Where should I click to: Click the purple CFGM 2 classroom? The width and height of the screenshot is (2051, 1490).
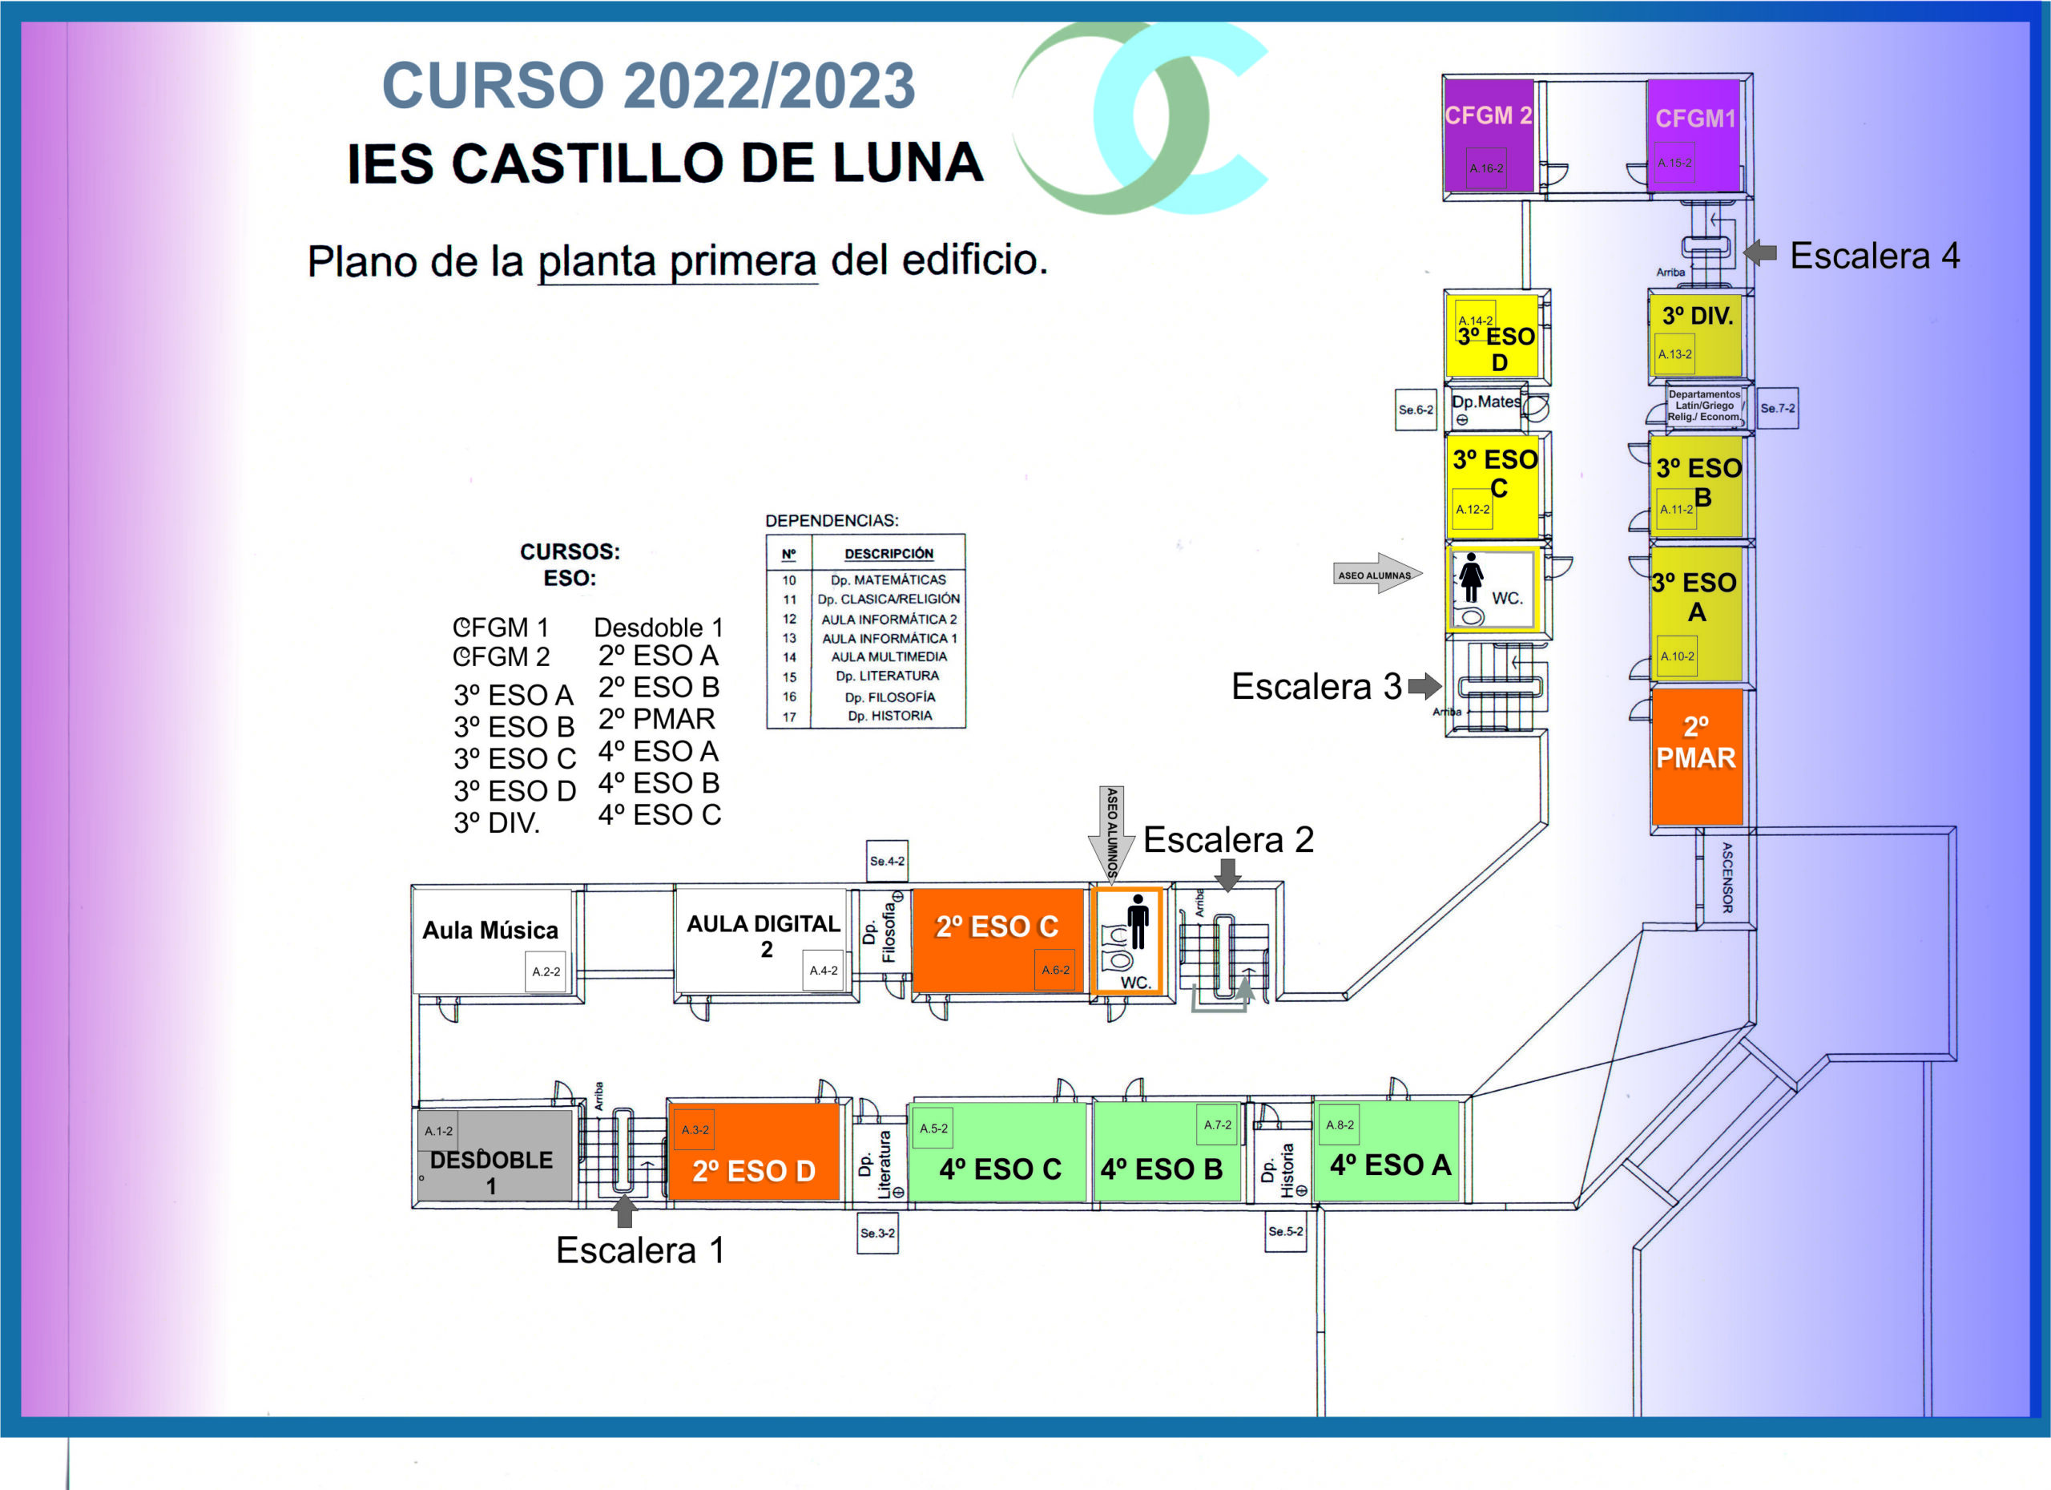coord(1488,135)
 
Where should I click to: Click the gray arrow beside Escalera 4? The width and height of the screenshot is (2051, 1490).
coord(1760,252)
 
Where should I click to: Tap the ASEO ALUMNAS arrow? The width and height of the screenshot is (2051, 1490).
coord(1376,574)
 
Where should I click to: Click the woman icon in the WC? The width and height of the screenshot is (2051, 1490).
coord(1471,577)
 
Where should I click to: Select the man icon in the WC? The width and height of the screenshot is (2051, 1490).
coord(1138,921)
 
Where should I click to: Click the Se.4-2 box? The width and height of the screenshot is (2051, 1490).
coord(886,860)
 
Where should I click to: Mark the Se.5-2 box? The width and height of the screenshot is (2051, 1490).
coord(1285,1231)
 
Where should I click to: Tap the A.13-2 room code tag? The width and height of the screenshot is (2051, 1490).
coord(1674,354)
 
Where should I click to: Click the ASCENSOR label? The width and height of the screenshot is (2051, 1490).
coord(1727,878)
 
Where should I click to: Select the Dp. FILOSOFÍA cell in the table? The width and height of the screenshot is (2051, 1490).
coord(889,697)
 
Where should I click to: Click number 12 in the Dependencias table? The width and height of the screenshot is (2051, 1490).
coord(789,619)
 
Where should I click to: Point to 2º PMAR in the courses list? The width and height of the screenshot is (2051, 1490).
coord(656,719)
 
